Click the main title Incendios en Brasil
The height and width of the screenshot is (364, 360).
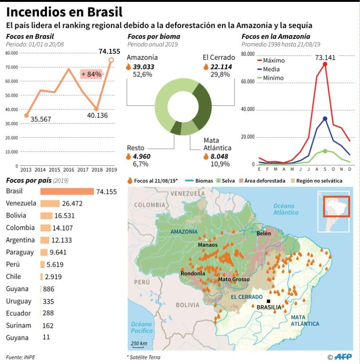64,11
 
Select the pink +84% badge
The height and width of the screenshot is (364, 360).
91,74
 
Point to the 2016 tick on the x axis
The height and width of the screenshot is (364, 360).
69,169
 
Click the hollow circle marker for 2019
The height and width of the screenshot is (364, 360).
111,60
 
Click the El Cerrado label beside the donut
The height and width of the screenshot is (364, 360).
217,58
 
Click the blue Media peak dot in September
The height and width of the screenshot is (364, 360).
325,118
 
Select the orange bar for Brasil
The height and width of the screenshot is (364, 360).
67,191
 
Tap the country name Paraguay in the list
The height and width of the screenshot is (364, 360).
20,252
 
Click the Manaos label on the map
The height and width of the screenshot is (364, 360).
208,245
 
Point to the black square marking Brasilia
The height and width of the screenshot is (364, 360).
269,301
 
